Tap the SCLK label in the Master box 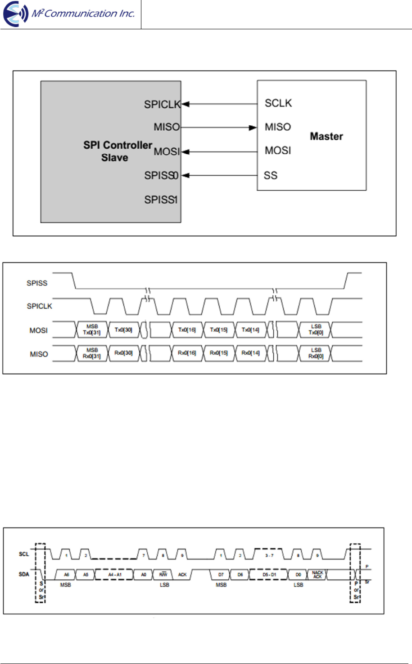[278, 103]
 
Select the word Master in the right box [326, 136]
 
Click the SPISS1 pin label [161, 199]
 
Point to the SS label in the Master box [271, 175]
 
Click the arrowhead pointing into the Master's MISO [253, 128]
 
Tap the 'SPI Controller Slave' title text [117, 151]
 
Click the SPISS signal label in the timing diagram [37, 283]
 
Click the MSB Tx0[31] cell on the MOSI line [92, 330]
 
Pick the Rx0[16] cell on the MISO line [187, 353]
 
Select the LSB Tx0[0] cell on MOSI [316, 330]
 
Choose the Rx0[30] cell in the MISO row [123, 353]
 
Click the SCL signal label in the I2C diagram [24, 554]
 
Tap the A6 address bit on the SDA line [66, 575]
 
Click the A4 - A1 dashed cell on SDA [114, 575]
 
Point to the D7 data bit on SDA [221, 575]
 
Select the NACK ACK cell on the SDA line [317, 574]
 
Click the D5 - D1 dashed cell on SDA [269, 575]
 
